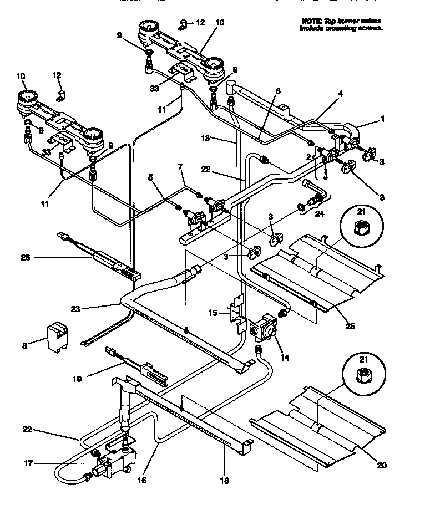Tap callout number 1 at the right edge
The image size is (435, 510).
pos(382,118)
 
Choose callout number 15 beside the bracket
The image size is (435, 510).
pos(212,314)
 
